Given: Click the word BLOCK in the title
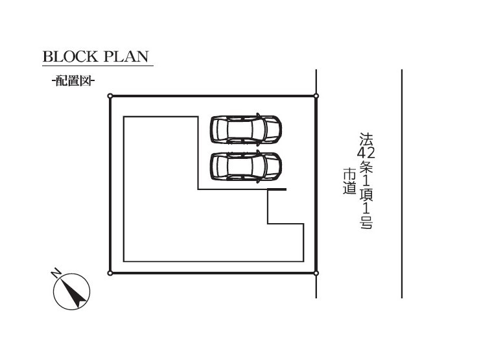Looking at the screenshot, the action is (x=70, y=56).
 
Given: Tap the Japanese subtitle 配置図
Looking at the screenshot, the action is (x=73, y=81).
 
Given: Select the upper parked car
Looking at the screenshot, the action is (x=246, y=129).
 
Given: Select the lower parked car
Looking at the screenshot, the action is (x=246, y=166).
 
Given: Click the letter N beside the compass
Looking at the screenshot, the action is (x=55, y=272).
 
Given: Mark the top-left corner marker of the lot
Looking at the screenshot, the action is (x=110, y=96).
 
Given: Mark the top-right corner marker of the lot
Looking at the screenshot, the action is (x=316, y=96).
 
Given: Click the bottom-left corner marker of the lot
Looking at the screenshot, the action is (x=110, y=273).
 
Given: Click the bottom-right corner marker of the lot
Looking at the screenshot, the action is (x=316, y=273).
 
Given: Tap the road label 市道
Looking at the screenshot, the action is (x=349, y=181).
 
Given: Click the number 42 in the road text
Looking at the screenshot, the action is (x=366, y=152).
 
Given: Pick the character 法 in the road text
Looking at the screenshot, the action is (x=366, y=139).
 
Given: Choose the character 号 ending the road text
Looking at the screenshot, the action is (x=366, y=222).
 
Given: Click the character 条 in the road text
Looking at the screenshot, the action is (x=366, y=166).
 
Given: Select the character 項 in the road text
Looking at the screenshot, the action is (x=366, y=195).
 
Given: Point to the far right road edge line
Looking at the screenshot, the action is (x=402, y=184).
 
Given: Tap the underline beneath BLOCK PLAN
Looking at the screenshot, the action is (x=98, y=65).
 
